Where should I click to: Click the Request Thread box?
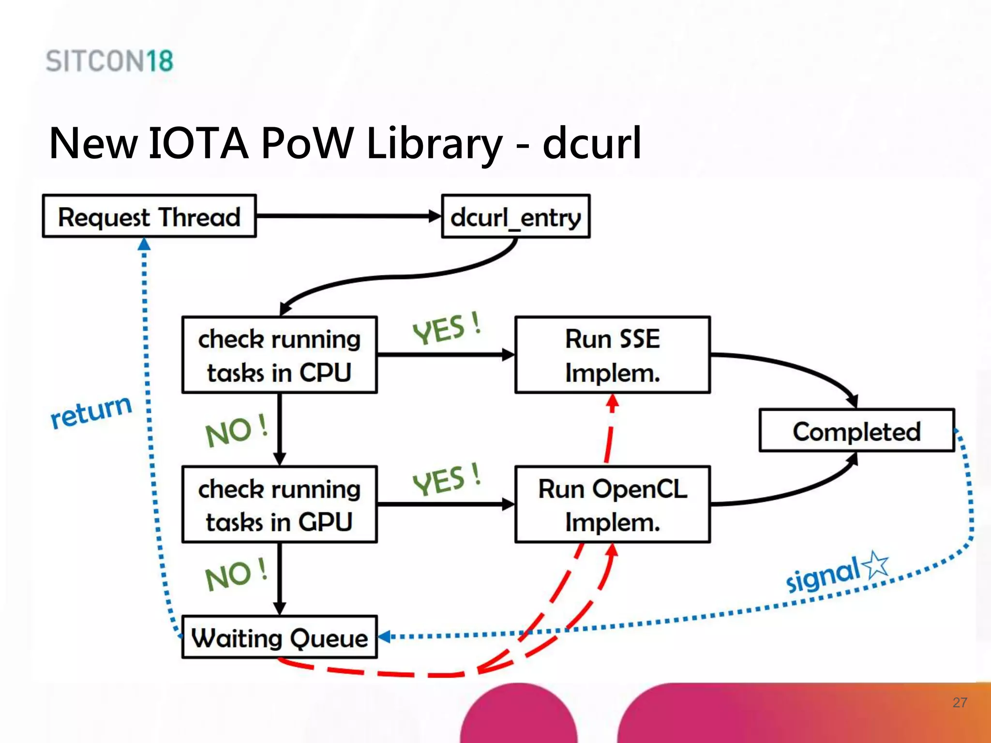(149, 216)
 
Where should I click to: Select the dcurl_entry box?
(515, 217)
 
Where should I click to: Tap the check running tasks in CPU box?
(279, 355)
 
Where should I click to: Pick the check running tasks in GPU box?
(279, 505)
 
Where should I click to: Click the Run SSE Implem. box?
(612, 355)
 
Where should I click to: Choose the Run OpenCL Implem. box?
(612, 505)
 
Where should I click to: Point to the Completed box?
(856, 431)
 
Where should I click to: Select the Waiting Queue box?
(279, 637)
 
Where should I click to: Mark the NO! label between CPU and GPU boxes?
(236, 431)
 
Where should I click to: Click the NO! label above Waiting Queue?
(236, 574)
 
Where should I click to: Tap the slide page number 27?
(960, 702)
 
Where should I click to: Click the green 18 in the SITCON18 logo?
(160, 61)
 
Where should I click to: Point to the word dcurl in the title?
(591, 143)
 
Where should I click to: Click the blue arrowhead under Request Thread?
(144, 244)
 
